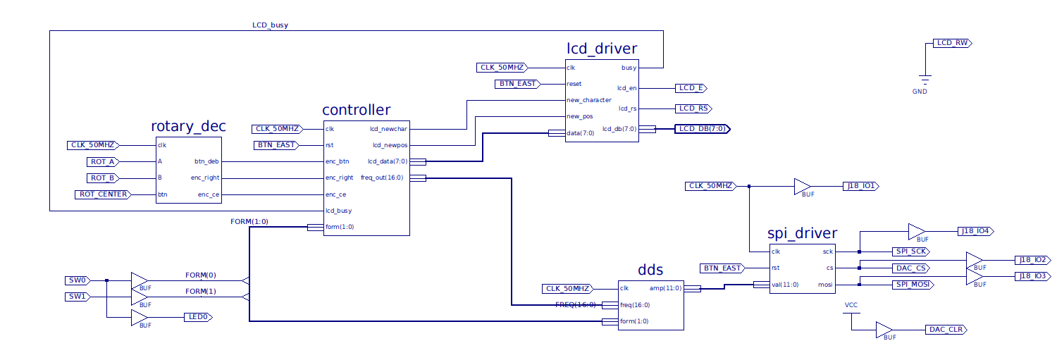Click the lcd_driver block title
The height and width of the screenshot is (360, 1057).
[602, 49]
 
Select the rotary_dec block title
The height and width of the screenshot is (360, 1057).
[188, 126]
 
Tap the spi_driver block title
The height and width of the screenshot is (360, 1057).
[802, 233]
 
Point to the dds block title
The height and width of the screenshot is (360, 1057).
[650, 270]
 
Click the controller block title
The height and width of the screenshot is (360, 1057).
[356, 110]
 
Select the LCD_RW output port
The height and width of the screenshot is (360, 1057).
[952, 43]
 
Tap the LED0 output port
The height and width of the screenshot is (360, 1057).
[197, 317]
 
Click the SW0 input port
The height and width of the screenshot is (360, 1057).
[78, 280]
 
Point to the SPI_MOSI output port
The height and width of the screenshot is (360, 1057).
[911, 284]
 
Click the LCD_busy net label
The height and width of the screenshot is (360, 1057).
[270, 25]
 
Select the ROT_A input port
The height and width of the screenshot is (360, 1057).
[103, 161]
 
